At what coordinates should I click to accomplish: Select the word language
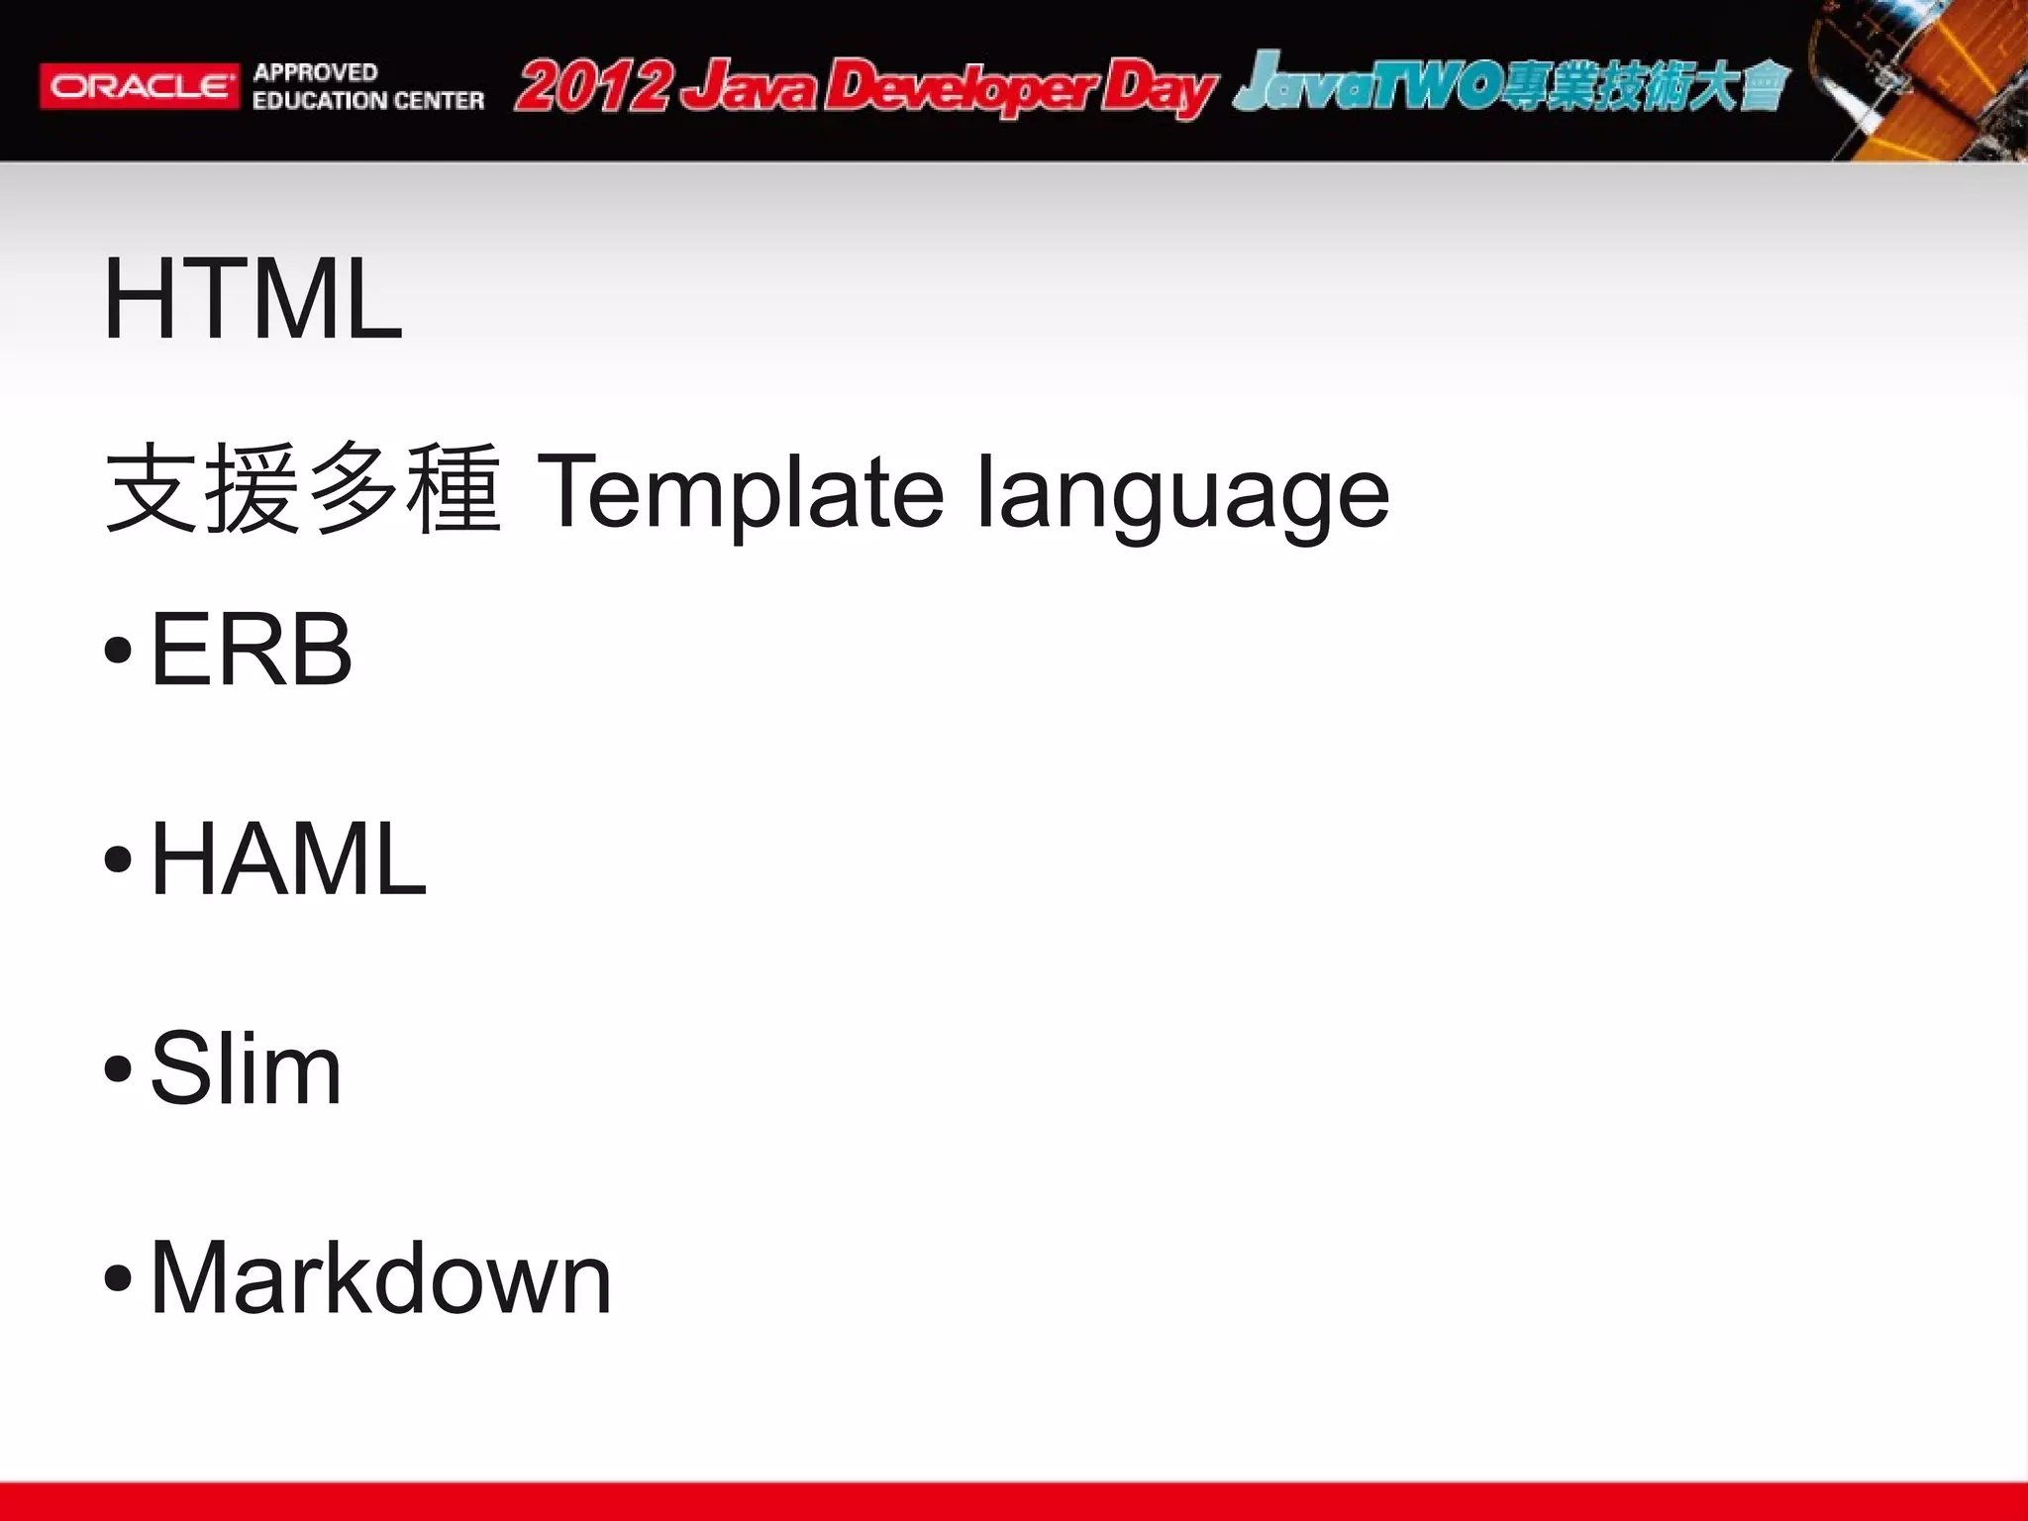(1182, 495)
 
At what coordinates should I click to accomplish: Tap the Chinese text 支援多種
(302, 490)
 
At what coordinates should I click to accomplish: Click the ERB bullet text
(251, 650)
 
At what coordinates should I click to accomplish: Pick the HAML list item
(287, 860)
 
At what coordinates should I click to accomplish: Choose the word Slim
(246, 1068)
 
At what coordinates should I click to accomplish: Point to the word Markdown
(380, 1278)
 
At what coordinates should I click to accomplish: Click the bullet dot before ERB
(118, 651)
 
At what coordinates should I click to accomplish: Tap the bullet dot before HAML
(118, 860)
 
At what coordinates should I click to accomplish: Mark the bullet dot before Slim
(118, 1069)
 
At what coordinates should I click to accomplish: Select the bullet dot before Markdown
(118, 1278)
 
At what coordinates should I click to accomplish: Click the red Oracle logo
(140, 86)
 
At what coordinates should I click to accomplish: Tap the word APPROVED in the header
(315, 72)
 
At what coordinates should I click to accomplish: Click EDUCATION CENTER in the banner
(367, 100)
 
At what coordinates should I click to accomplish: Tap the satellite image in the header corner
(1916, 79)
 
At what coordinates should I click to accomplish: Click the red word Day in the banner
(1159, 89)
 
